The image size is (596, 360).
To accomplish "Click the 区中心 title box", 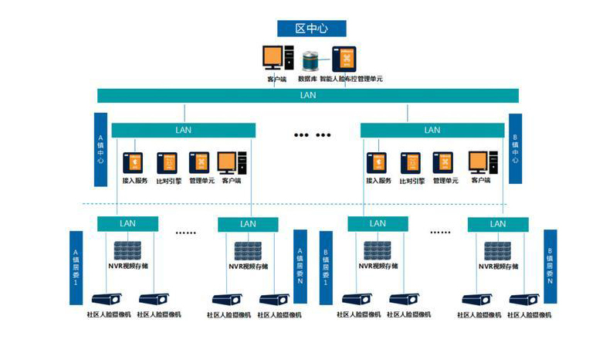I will [x=311, y=28].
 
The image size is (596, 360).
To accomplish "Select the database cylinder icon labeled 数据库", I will [x=311, y=59].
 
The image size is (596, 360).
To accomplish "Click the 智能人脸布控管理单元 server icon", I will [x=344, y=59].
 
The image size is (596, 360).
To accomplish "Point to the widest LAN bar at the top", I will [x=307, y=96].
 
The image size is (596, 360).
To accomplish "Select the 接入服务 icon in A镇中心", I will [x=135, y=162].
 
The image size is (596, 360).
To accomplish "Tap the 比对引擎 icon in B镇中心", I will [x=409, y=162].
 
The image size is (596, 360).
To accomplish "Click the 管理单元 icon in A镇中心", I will [x=199, y=162].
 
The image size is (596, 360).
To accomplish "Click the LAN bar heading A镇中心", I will [x=184, y=130].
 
